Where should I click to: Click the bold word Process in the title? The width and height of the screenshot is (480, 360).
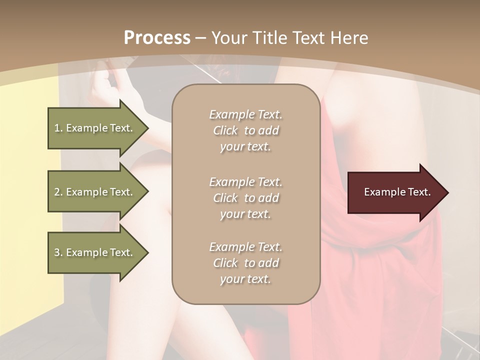pyautogui.click(x=157, y=38)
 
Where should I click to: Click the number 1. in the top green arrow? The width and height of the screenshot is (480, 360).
pyautogui.click(x=58, y=128)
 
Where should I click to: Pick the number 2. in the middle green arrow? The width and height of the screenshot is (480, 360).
pyautogui.click(x=58, y=192)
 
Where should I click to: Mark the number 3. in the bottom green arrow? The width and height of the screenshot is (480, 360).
pyautogui.click(x=58, y=252)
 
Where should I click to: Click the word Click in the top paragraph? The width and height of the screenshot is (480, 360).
pyautogui.click(x=225, y=131)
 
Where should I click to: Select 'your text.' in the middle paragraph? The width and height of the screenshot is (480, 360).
pyautogui.click(x=245, y=214)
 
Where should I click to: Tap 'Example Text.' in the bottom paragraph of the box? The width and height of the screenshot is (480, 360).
pyautogui.click(x=245, y=247)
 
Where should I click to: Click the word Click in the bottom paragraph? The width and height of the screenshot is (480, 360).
pyautogui.click(x=225, y=263)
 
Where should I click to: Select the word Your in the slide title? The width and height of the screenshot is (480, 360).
pyautogui.click(x=227, y=38)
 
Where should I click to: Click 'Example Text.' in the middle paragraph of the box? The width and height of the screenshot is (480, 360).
pyautogui.click(x=245, y=182)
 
